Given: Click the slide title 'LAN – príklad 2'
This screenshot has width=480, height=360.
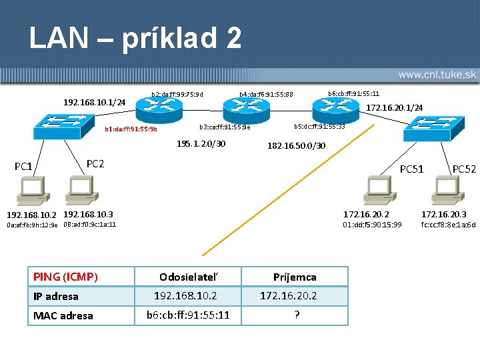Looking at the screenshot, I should point(135,38).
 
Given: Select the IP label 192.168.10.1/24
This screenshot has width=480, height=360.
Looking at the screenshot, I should point(94,102).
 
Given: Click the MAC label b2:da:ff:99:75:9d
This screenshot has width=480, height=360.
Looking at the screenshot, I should point(177,94).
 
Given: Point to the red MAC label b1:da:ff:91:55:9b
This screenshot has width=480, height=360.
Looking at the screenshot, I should point(131,129).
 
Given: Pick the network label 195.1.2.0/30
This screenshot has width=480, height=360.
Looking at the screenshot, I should point(201,144).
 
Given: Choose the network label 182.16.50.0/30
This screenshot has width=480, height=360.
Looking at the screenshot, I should point(296,145).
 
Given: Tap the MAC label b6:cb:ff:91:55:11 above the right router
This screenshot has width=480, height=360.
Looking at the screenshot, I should point(353,93).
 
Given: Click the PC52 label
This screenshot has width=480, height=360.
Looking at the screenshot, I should point(464,169).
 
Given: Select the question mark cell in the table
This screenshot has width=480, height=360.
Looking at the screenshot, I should point(296,315).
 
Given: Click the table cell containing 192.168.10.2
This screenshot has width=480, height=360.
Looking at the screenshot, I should point(185,296).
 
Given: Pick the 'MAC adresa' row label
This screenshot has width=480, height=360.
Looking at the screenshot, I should point(63,315).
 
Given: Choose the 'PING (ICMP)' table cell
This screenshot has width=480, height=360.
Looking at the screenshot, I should point(66,277).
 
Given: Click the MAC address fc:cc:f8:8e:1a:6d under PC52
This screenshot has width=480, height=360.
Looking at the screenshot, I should point(448,225).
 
